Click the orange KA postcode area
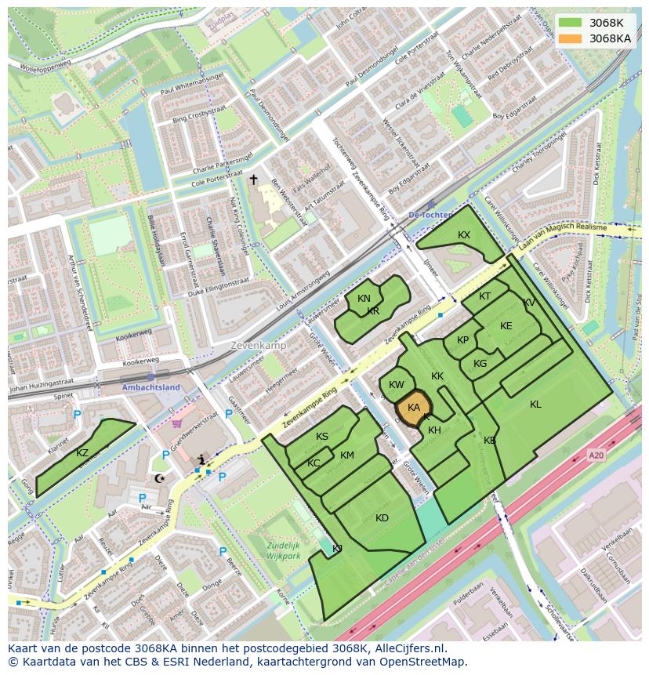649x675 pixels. click(x=413, y=408)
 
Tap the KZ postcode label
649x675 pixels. click(x=82, y=453)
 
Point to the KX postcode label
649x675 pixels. click(x=464, y=235)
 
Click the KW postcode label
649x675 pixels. click(x=397, y=385)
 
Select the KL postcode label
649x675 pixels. click(x=535, y=405)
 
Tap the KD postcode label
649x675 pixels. click(x=382, y=517)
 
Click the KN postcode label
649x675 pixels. click(x=364, y=299)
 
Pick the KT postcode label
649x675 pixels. click(x=484, y=296)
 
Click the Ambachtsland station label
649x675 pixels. click(x=150, y=387)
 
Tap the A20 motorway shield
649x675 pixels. click(x=597, y=454)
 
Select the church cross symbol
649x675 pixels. click(x=253, y=180)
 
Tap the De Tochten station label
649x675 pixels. click(x=430, y=215)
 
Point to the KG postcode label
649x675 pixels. click(x=480, y=364)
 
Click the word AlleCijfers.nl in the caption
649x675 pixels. click(x=410, y=648)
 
